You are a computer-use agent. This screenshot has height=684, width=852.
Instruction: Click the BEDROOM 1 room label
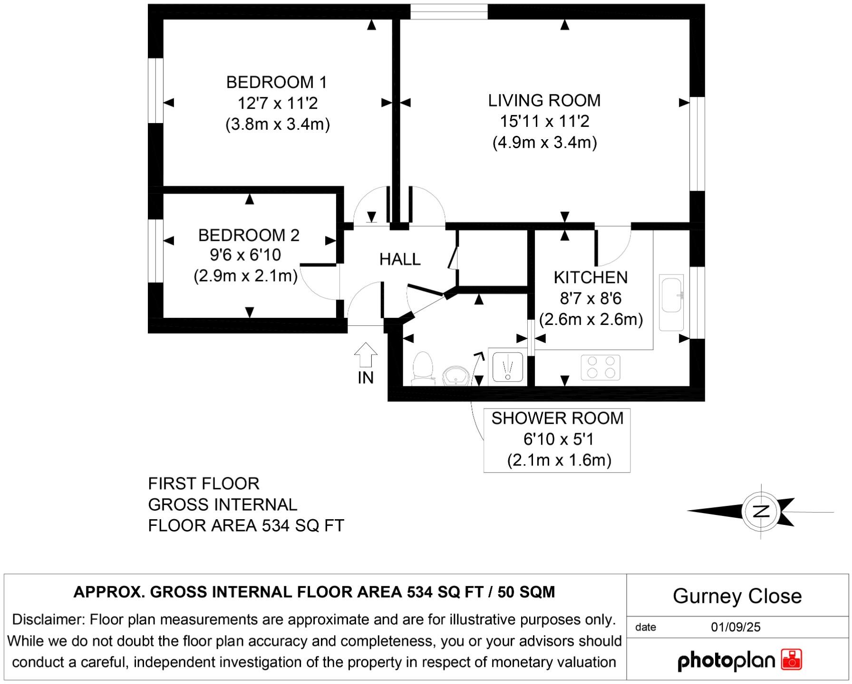coord(277,83)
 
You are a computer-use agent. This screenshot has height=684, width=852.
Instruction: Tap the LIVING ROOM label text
coord(544,101)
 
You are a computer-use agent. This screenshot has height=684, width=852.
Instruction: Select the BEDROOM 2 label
coord(249,235)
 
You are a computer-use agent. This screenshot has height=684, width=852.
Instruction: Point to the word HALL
coord(400,259)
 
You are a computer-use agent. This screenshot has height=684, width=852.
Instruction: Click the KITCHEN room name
coord(591,277)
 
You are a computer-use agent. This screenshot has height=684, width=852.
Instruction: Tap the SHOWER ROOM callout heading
coord(557,418)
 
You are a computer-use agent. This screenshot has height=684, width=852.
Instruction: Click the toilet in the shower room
coord(423,368)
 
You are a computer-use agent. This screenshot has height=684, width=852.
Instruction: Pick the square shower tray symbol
coord(508,367)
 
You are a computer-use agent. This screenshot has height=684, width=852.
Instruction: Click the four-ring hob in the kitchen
coord(600,367)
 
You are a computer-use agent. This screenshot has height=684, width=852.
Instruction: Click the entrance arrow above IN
coord(366,355)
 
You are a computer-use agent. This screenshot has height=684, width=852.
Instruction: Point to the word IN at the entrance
coord(366,378)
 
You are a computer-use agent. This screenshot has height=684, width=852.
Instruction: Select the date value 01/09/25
coord(736,627)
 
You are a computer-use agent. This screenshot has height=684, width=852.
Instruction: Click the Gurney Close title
coord(737,596)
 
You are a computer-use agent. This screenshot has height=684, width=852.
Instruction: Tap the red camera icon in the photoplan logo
coord(791,660)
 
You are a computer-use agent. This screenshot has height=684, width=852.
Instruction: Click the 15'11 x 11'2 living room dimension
coord(544,122)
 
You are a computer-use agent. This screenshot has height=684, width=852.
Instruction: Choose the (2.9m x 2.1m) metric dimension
coord(245,275)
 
